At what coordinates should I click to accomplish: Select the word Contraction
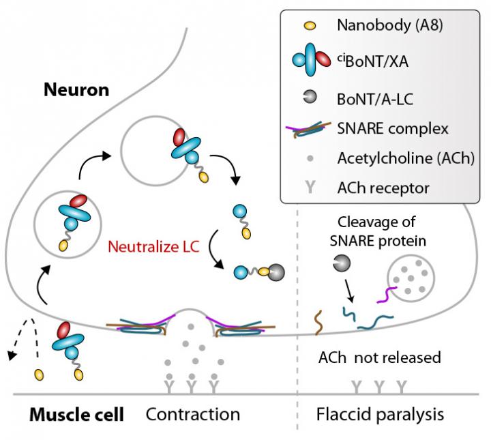[x=193, y=414]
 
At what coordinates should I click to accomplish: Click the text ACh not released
[x=380, y=357]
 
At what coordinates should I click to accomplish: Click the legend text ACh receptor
[x=374, y=186]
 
